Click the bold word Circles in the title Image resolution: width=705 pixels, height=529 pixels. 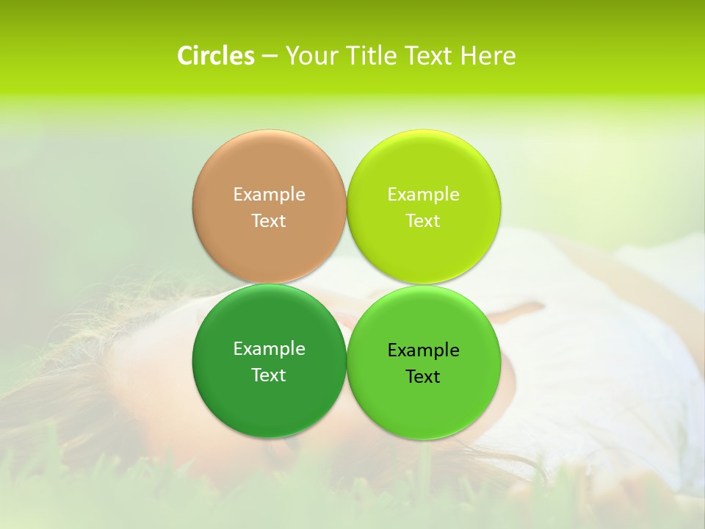click(x=215, y=56)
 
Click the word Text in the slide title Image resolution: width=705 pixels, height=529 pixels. click(x=429, y=56)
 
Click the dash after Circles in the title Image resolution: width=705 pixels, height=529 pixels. click(x=270, y=57)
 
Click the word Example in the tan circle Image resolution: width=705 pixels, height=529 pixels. click(x=269, y=195)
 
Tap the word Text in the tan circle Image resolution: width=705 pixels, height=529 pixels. click(x=269, y=220)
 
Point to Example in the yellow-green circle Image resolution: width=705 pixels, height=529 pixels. click(x=423, y=195)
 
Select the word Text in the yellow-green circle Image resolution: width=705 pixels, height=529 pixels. click(x=423, y=220)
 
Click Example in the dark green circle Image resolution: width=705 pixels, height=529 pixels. click(x=269, y=349)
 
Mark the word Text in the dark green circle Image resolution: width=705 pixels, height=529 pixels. click(x=269, y=375)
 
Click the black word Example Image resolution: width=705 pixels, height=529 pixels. click(x=423, y=350)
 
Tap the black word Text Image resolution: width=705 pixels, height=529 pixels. click(x=423, y=376)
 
